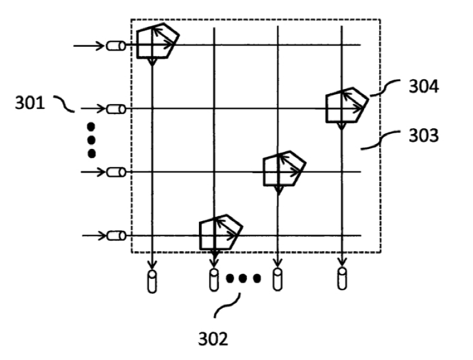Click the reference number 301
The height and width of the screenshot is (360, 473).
(29, 103)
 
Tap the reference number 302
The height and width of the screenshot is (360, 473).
(213, 339)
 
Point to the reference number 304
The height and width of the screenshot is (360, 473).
(424, 87)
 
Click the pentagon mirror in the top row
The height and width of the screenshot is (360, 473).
(156, 41)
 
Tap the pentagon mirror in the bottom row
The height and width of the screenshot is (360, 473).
(220, 232)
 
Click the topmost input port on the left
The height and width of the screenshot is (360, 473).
(116, 46)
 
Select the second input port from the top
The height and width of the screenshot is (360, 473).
(116, 109)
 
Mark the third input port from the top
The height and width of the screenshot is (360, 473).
(116, 172)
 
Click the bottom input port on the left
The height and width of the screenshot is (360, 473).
(116, 236)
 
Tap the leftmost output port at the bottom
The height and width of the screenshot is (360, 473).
(152, 281)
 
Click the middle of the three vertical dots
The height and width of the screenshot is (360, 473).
(91, 140)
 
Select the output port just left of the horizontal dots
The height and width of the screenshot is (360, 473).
(214, 280)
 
